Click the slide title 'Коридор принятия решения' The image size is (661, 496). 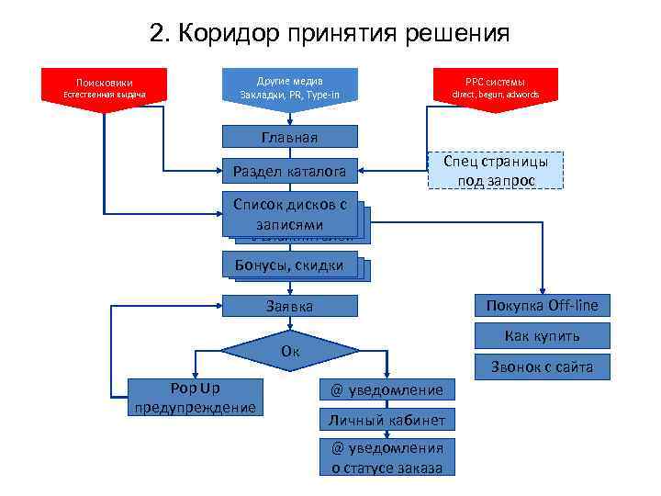(330, 34)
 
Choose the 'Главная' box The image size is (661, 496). (289, 138)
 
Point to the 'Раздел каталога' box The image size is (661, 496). (289, 171)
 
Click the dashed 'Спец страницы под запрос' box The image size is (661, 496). (496, 170)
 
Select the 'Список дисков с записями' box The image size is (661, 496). (289, 216)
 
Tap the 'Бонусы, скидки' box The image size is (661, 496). (289, 265)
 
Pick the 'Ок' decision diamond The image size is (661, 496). (289, 351)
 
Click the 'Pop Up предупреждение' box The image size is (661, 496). (195, 397)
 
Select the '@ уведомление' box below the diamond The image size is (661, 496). (387, 390)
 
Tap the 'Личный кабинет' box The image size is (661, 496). (387, 421)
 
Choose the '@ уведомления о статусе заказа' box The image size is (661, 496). (387, 457)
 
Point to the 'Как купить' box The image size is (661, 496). (541, 335)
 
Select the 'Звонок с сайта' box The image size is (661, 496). (541, 367)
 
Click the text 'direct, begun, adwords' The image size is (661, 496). (496, 95)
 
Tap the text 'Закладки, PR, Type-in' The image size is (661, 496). (289, 95)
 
